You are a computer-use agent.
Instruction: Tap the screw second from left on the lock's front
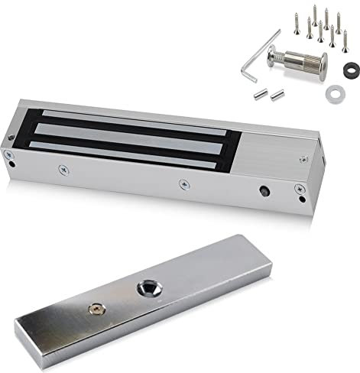click(62, 166)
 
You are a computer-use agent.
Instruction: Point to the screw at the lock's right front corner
click(301, 200)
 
